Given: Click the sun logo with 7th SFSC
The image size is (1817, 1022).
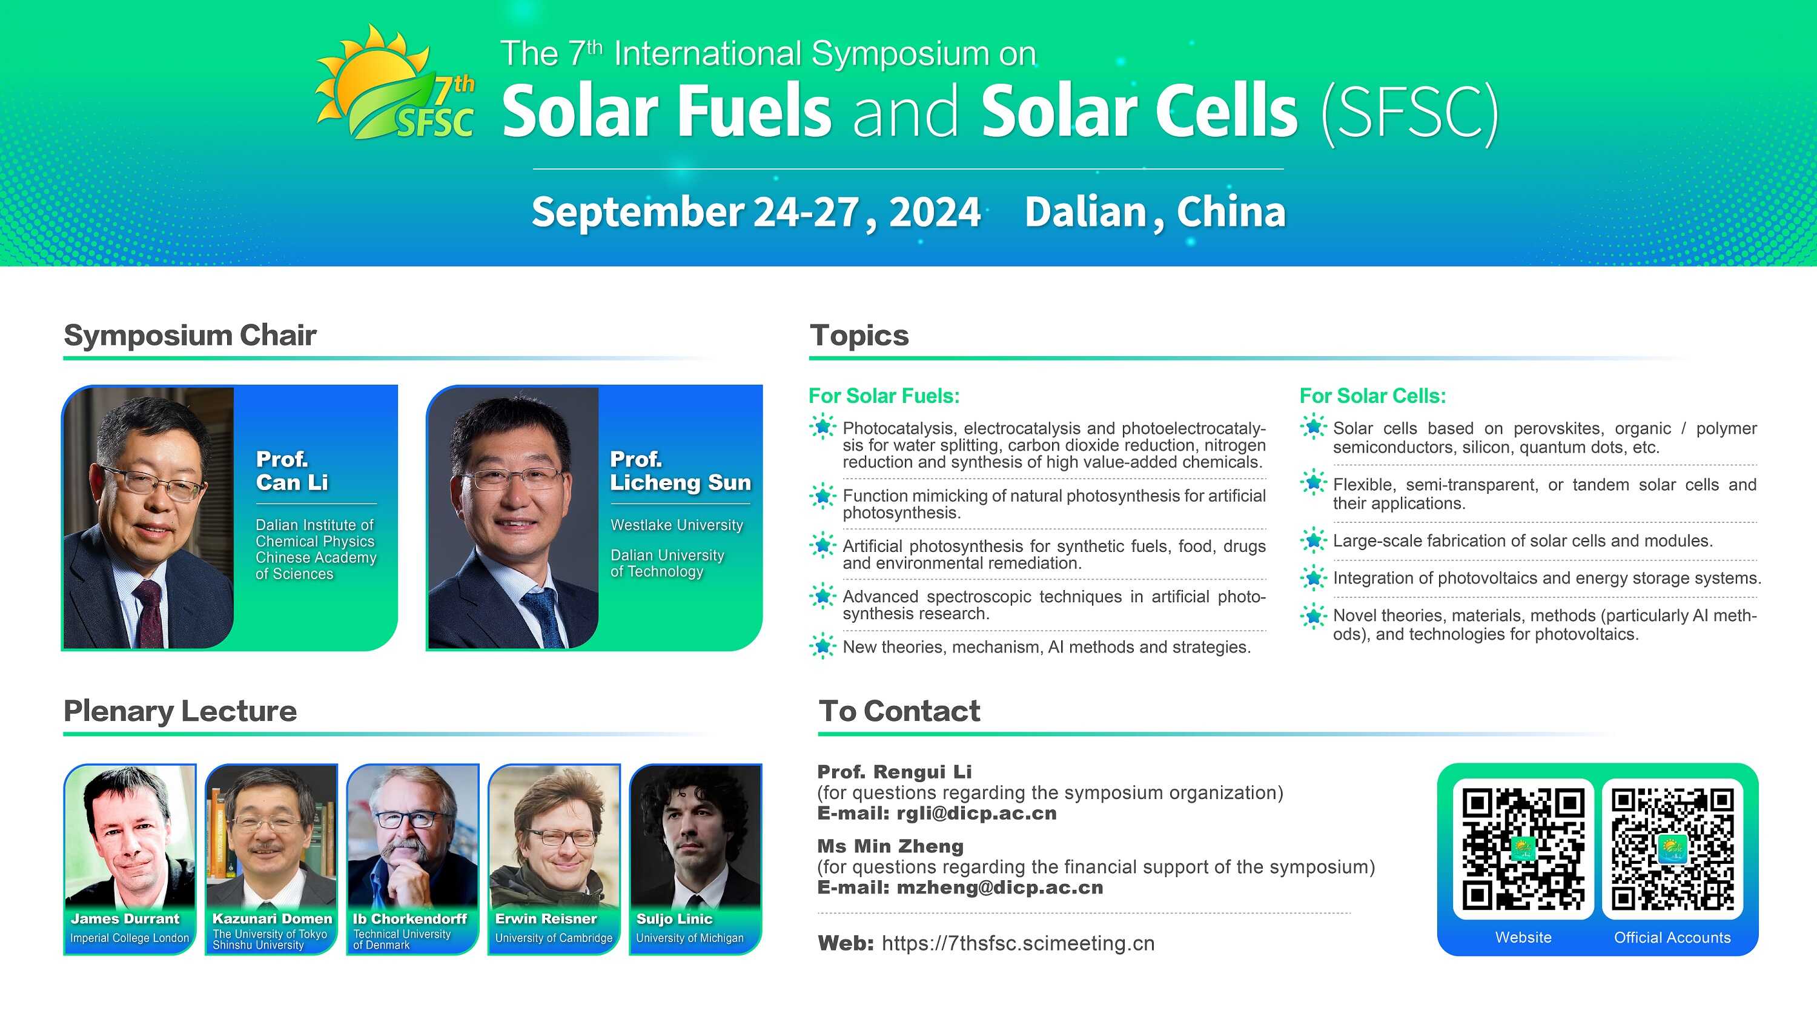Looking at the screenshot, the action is pos(395,82).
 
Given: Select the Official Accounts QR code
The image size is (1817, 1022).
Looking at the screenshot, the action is pos(1672,849).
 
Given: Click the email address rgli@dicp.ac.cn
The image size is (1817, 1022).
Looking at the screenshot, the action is pos(976,813).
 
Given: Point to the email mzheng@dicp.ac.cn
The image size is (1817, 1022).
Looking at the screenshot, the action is pos(999,888).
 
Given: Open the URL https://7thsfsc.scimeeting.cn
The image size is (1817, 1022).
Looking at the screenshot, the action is pos(1018,943).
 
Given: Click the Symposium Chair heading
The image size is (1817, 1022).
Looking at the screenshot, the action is pos(190,335).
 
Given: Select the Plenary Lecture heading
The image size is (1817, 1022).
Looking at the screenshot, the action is pos(180,711).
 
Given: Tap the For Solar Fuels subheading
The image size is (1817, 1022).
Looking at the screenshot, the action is pos(884,396).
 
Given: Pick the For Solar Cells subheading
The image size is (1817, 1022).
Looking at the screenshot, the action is pos(1372,396).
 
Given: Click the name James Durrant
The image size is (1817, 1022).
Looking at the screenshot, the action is pos(125,918).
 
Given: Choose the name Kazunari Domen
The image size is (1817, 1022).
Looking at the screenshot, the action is pos(273,918).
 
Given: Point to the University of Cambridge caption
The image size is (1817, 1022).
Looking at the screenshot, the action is pos(554,938).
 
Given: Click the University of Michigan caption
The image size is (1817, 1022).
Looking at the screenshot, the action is pos(690,938).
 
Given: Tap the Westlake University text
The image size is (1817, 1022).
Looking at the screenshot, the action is pos(677,525).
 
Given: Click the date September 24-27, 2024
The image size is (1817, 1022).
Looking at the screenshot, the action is pos(756,211).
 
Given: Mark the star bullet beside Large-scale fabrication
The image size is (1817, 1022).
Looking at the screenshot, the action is pos(1313,540).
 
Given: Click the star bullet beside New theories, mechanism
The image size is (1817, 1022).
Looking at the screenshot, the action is pos(822,646).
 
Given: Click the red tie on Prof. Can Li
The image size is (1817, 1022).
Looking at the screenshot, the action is pos(150,614).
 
